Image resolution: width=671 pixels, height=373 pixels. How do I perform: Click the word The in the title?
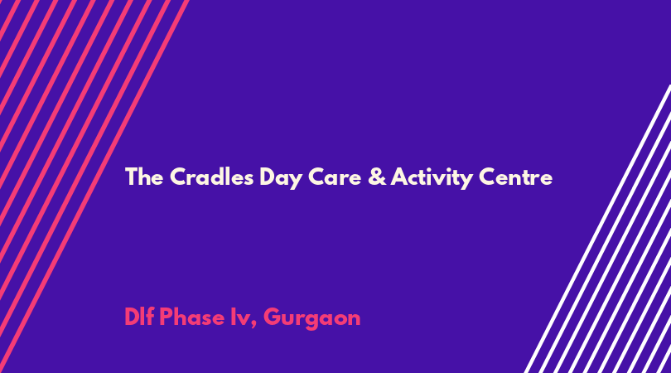click(x=144, y=177)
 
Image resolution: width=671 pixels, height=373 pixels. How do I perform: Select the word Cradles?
click(x=211, y=177)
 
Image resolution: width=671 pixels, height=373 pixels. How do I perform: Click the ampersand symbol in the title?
click(x=377, y=177)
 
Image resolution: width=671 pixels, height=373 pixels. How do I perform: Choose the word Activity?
click(x=432, y=177)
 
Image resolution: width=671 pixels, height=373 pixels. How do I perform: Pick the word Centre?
click(x=515, y=177)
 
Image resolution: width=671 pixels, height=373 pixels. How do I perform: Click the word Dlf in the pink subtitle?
click(x=139, y=317)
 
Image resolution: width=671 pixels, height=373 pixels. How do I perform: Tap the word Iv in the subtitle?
click(x=239, y=317)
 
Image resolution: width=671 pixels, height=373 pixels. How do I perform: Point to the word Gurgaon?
click(x=312, y=318)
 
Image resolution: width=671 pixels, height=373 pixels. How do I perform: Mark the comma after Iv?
click(x=253, y=326)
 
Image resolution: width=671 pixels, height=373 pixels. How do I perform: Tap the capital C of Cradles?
click(x=178, y=177)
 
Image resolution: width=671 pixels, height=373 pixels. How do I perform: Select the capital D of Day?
click(x=268, y=177)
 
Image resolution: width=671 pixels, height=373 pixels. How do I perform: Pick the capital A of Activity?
click(x=399, y=177)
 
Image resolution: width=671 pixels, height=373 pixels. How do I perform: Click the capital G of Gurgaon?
click(x=273, y=317)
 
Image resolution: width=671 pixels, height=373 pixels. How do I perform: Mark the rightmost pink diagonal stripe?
click(x=94, y=186)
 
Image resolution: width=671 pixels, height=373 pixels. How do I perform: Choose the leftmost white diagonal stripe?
click(x=597, y=229)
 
